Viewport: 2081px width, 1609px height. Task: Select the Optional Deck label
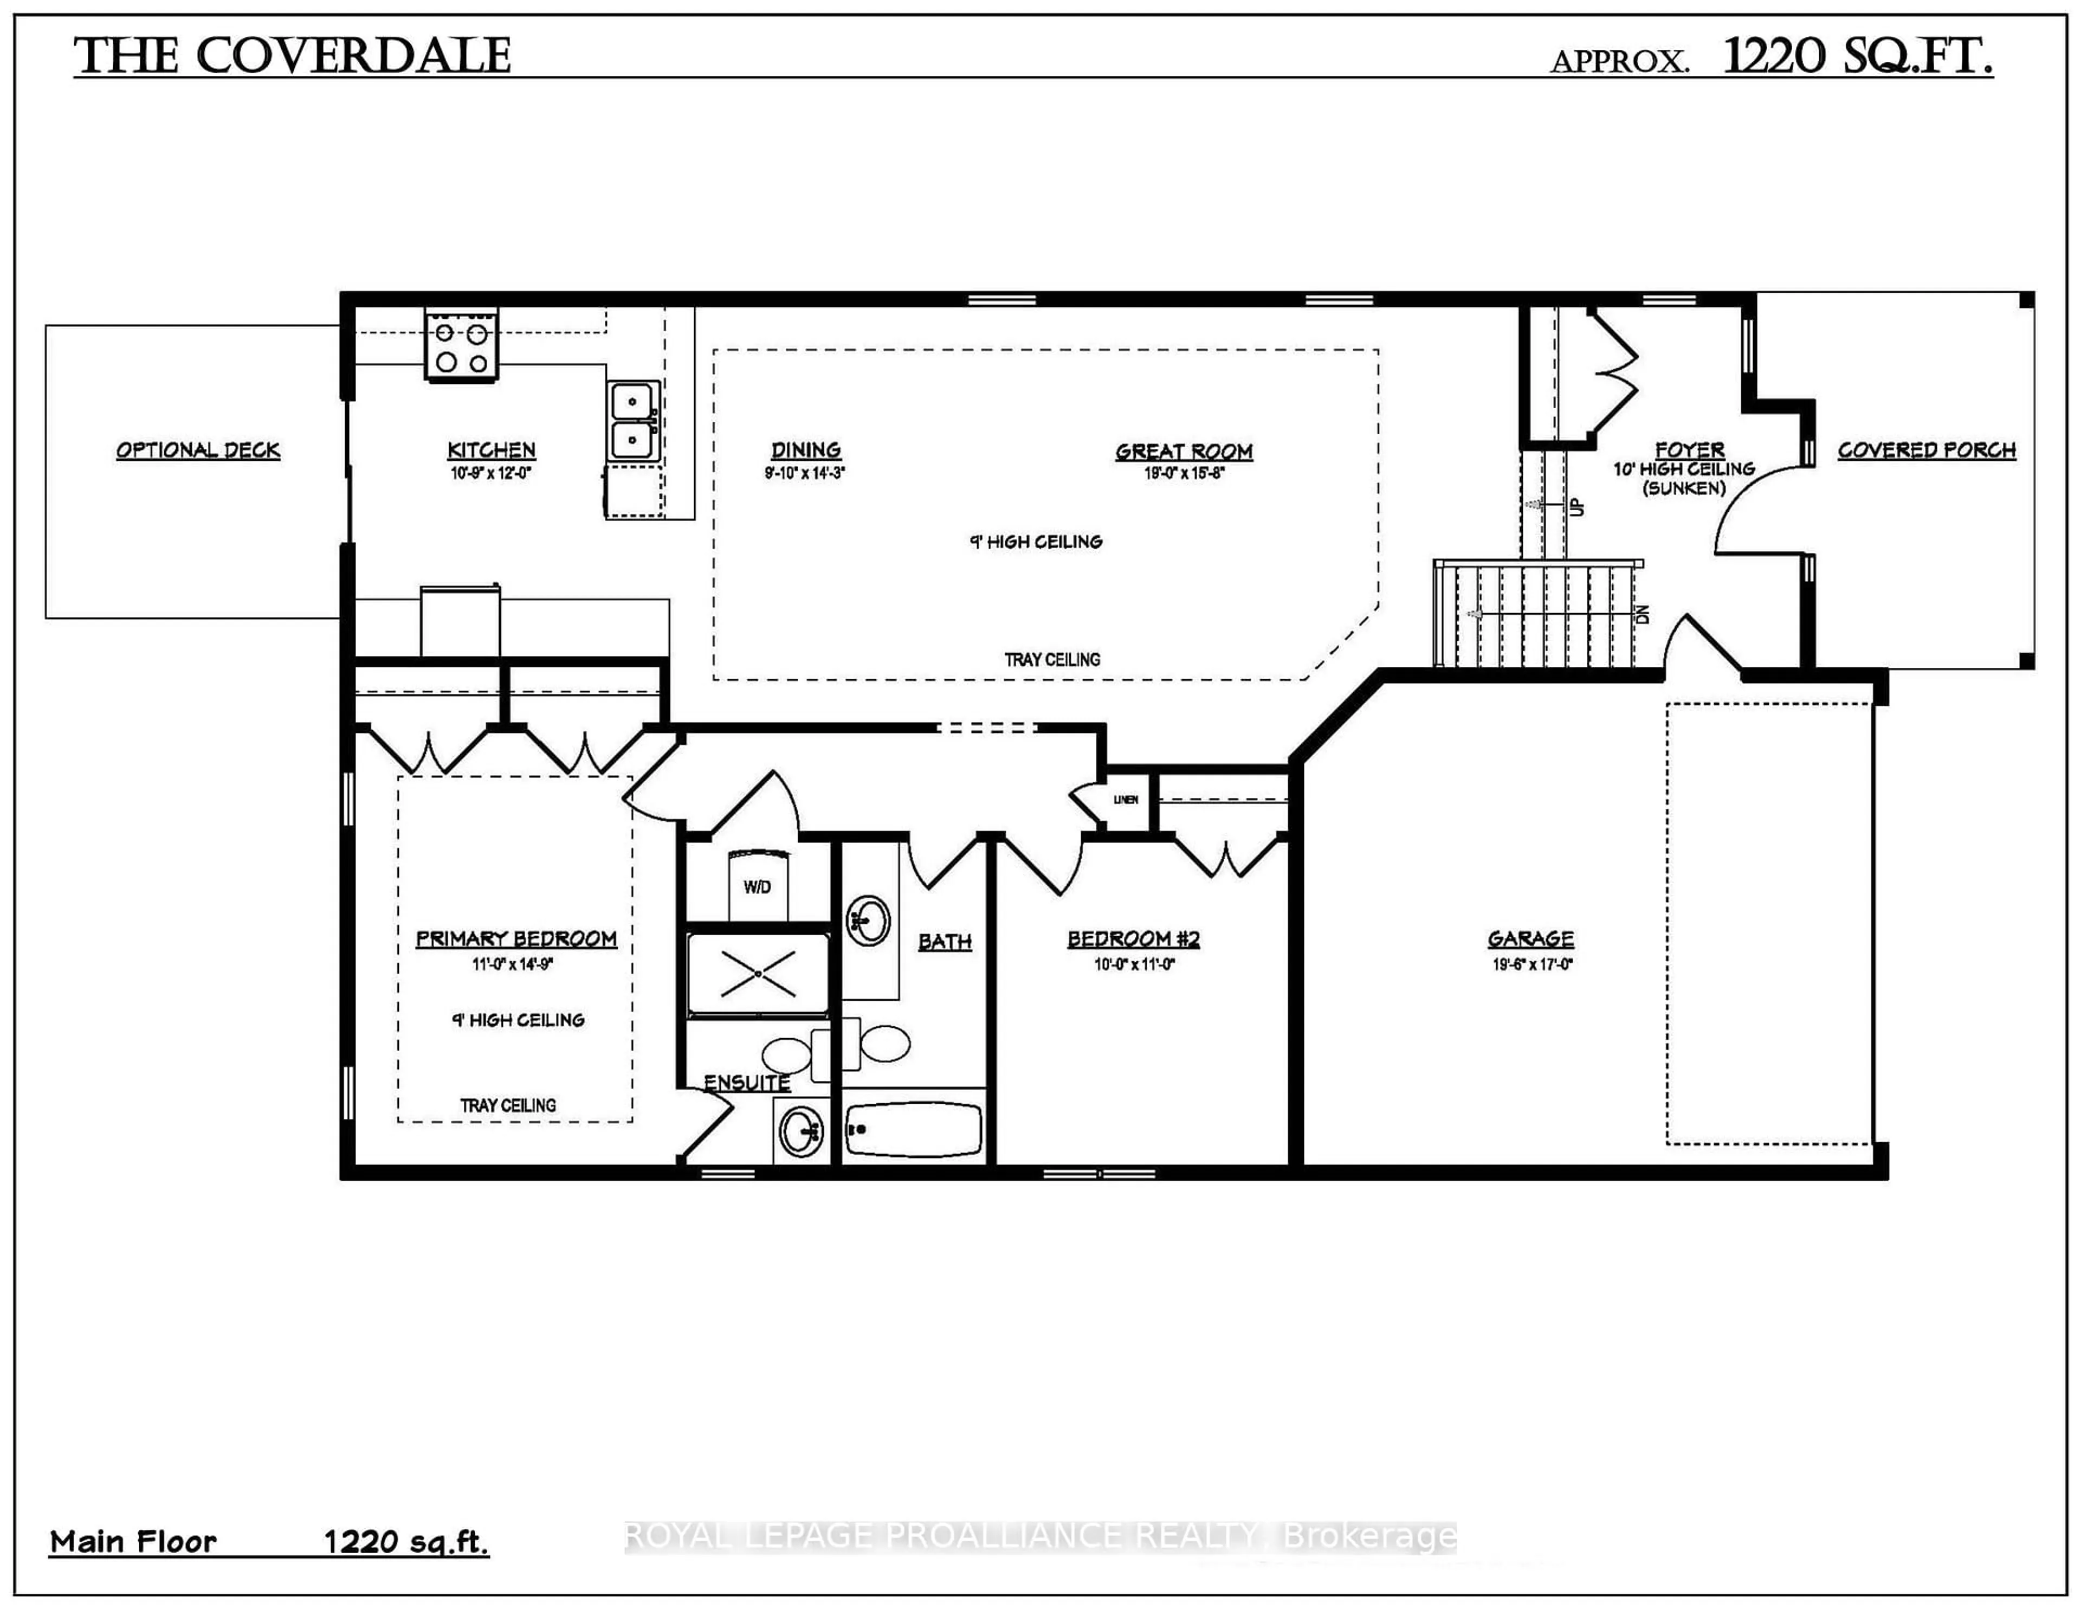pyautogui.click(x=198, y=450)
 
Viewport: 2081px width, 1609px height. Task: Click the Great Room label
pyautogui.click(x=1184, y=452)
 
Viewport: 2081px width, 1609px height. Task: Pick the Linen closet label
pyautogui.click(x=1125, y=800)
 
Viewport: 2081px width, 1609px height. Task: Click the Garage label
pyautogui.click(x=1530, y=939)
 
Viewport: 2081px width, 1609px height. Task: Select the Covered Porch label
pyautogui.click(x=1927, y=450)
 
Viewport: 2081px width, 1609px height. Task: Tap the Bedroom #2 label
pyautogui.click(x=1133, y=939)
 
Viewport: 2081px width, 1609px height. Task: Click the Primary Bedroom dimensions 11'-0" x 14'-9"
pyautogui.click(x=513, y=964)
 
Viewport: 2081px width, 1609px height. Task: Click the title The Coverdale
pyautogui.click(x=293, y=56)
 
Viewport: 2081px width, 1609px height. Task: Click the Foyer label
pyautogui.click(x=1689, y=449)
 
